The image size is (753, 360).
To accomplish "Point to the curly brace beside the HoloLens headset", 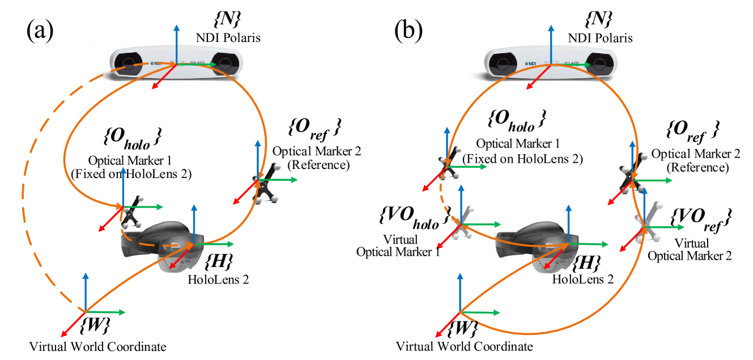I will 576,264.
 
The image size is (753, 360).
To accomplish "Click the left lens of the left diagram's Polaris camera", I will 130,63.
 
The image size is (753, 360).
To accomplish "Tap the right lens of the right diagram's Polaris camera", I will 598,62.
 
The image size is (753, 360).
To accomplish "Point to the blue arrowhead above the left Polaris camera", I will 177,27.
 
